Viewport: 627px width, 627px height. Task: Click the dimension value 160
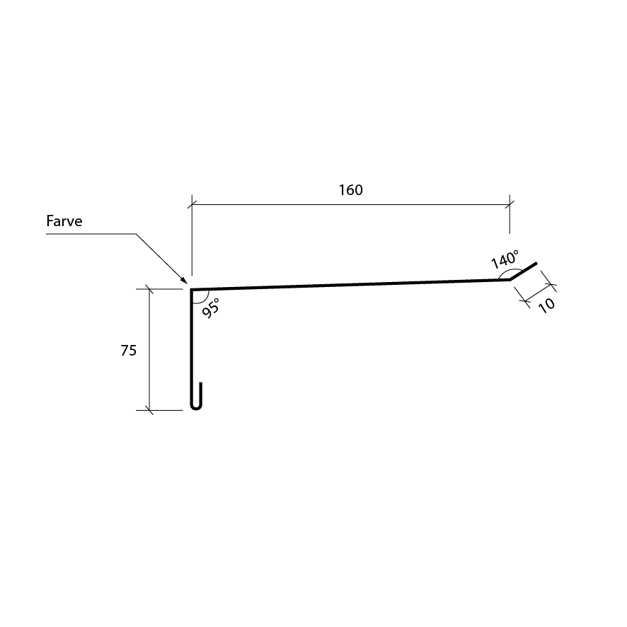(351, 190)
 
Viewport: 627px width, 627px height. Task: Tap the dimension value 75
(129, 351)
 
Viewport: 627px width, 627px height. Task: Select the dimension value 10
(546, 305)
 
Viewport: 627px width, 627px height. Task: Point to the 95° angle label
(211, 308)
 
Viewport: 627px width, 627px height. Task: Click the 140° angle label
(505, 259)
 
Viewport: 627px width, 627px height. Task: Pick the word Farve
(64, 221)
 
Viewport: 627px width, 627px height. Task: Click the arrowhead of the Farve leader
(184, 280)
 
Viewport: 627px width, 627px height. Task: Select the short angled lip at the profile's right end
(523, 271)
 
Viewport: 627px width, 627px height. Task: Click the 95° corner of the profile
(191, 290)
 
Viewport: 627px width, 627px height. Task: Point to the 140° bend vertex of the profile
(510, 279)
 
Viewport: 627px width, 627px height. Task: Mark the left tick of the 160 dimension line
(192, 205)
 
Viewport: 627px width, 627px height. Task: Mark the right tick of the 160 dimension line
(510, 205)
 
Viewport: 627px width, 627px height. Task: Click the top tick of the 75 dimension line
(149, 288)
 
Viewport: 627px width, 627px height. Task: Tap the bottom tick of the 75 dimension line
(149, 410)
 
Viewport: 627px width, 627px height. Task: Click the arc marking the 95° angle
(205, 299)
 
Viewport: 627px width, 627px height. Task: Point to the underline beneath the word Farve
(91, 234)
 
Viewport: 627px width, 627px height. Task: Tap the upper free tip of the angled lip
(536, 263)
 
